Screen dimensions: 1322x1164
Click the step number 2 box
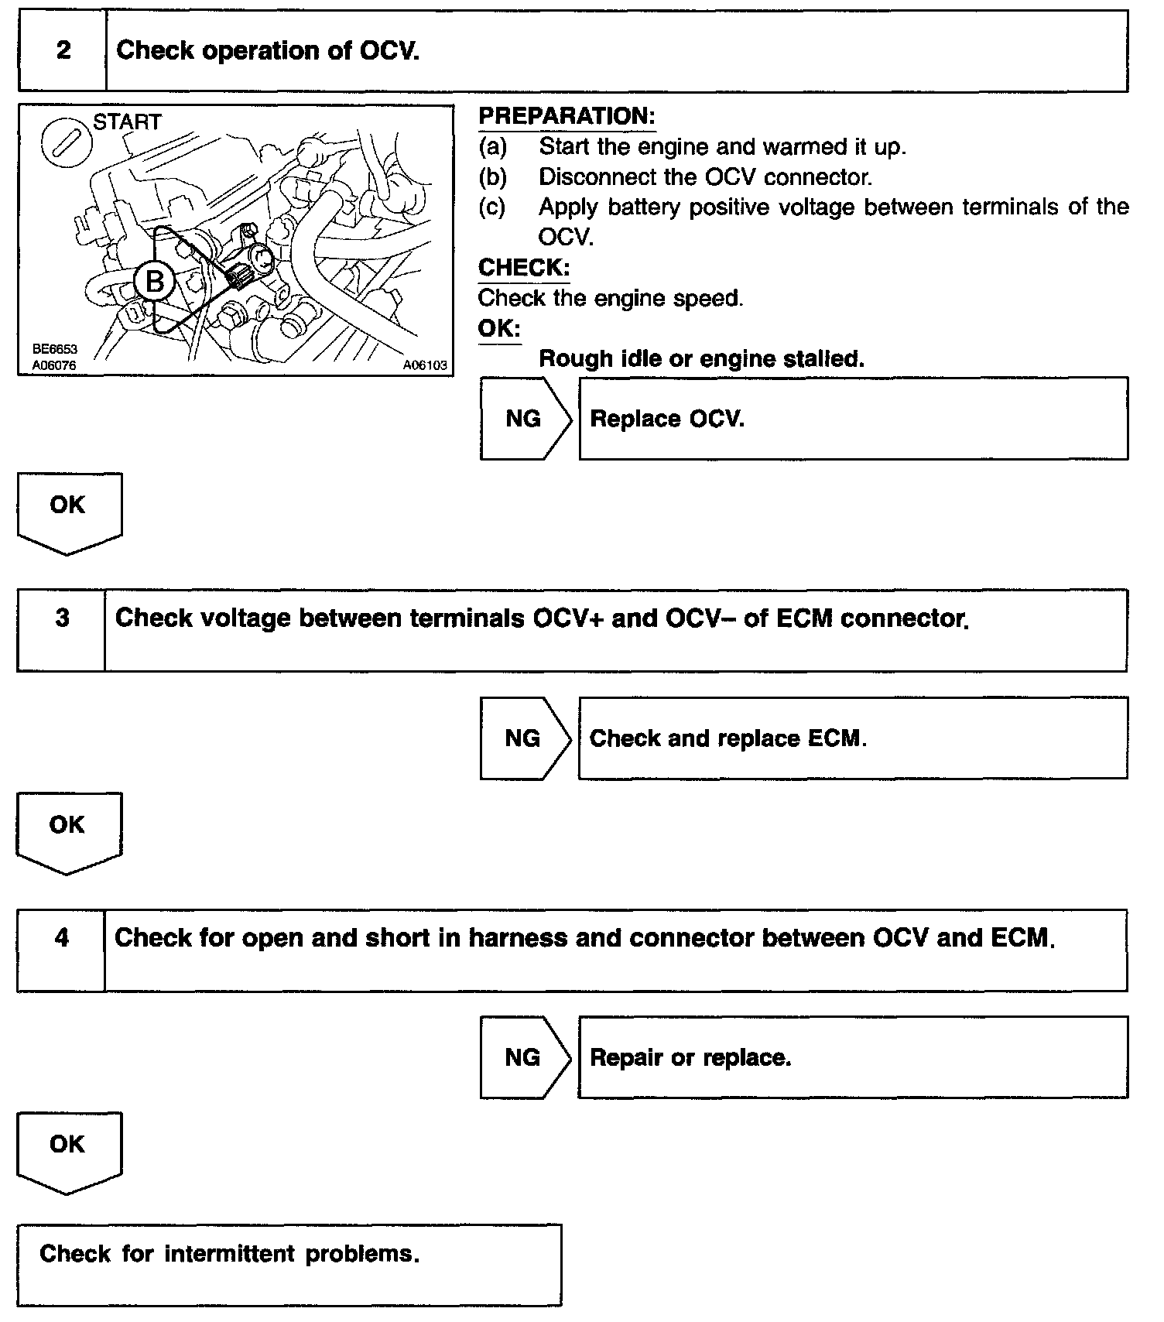point(63,51)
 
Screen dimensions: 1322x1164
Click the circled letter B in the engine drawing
point(154,282)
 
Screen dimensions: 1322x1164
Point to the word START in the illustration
point(127,122)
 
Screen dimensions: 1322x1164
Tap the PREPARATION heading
point(567,117)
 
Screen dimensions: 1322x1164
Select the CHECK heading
point(524,268)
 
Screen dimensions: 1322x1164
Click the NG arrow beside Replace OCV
point(525,419)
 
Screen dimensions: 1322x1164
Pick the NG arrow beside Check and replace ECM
point(524,738)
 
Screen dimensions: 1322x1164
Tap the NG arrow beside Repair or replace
point(524,1057)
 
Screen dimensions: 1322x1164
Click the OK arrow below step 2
point(68,511)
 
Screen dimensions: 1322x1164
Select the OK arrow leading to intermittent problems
point(68,1150)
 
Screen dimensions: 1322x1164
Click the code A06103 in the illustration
point(425,365)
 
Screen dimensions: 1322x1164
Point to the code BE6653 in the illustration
point(55,350)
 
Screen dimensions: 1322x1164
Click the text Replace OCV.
point(667,419)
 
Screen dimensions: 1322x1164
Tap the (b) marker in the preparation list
point(492,177)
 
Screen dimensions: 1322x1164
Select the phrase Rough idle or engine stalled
point(701,359)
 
